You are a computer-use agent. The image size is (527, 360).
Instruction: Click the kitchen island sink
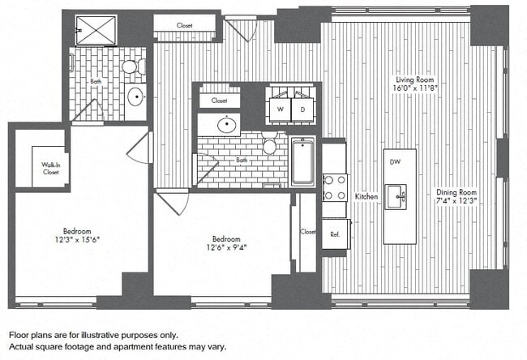click(396, 195)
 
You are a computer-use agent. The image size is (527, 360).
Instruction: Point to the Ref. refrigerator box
click(334, 233)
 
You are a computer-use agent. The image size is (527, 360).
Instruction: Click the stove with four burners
click(335, 187)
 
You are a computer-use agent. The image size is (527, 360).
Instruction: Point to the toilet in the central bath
click(270, 147)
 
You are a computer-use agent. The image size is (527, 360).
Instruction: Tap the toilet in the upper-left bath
click(130, 68)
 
